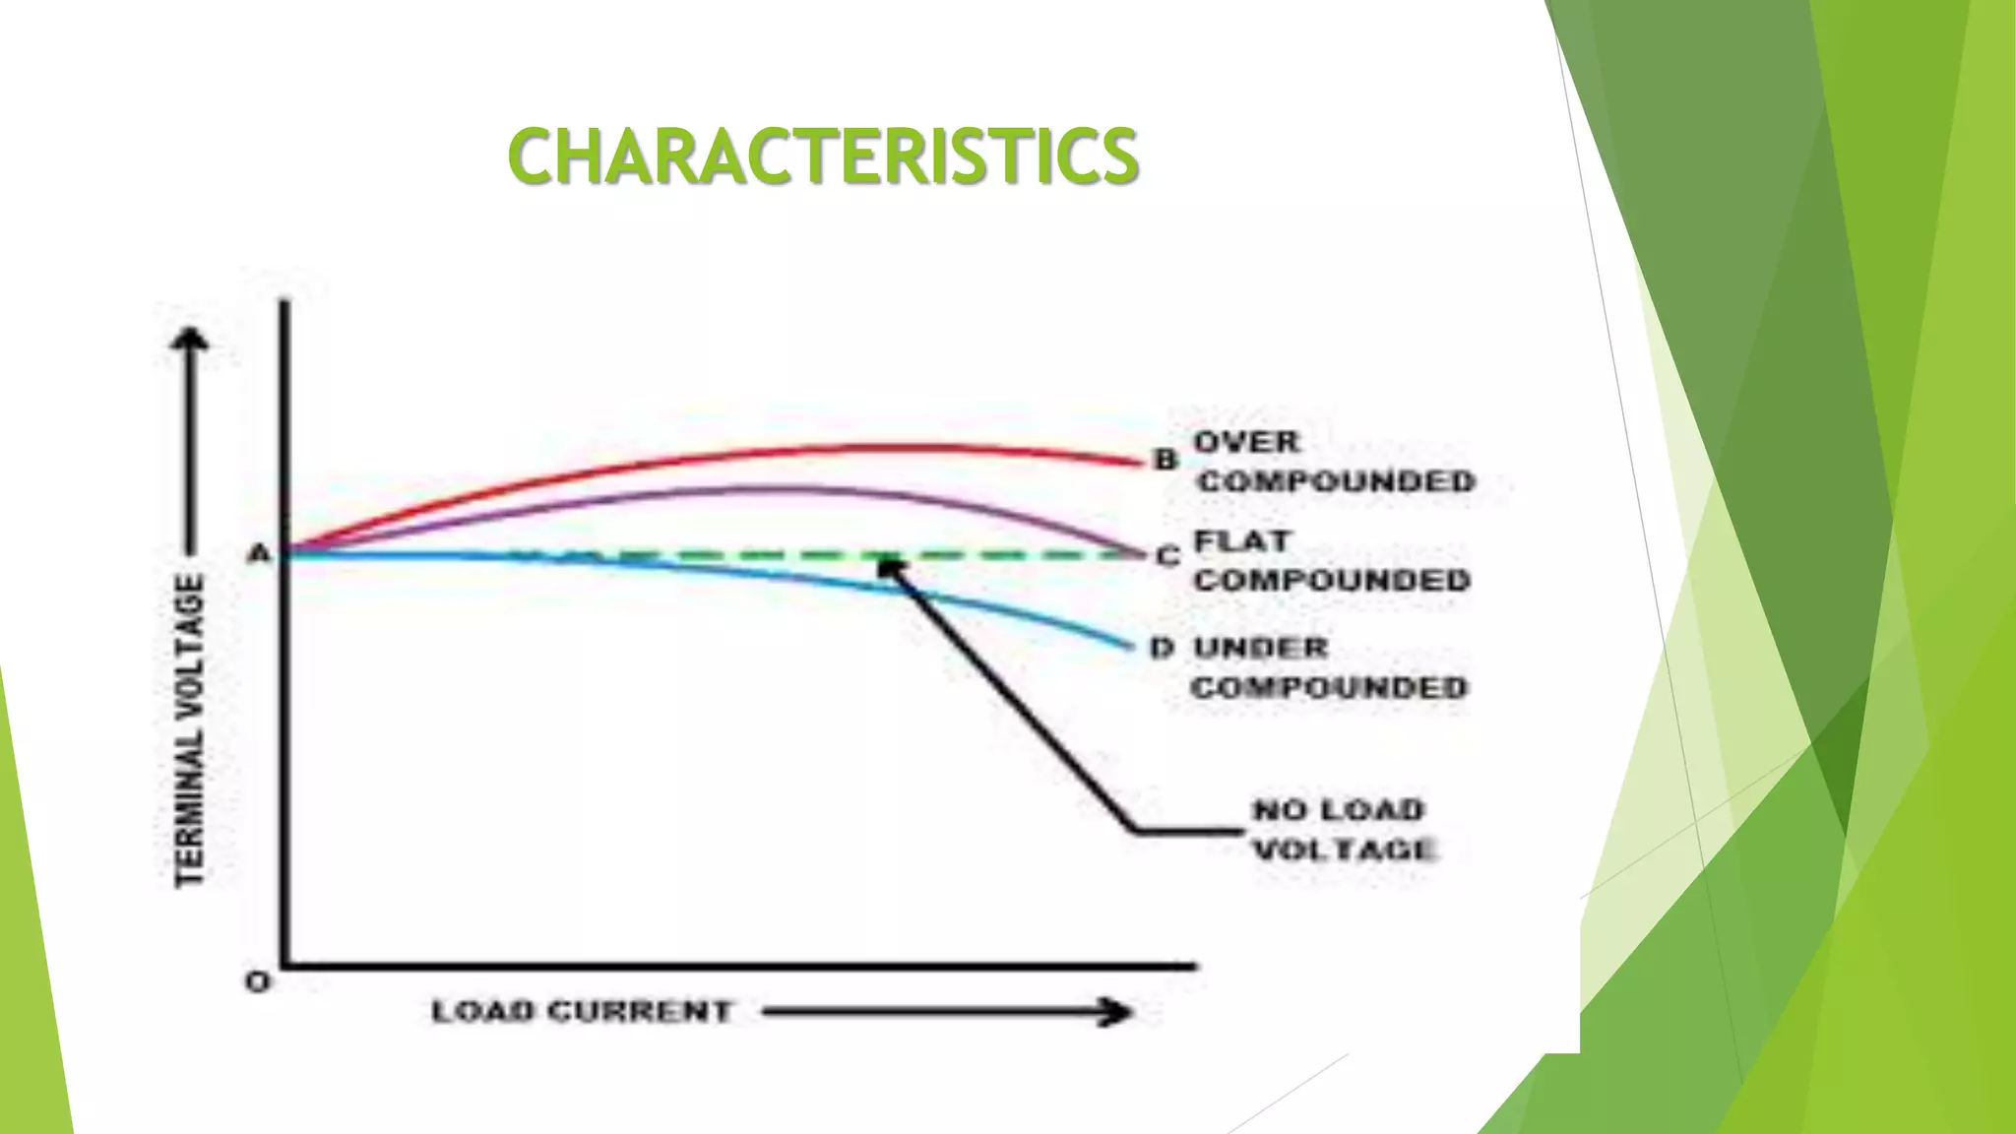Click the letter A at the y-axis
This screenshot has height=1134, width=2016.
(258, 554)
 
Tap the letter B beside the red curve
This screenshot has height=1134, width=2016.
(1165, 460)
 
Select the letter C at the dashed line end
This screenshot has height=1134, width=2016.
(1167, 557)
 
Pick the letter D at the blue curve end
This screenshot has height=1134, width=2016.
(1162, 649)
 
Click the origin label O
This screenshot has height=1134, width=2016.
(257, 981)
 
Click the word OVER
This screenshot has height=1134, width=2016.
(1246, 443)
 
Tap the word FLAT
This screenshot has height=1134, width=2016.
(1241, 541)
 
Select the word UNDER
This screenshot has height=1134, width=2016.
(1261, 649)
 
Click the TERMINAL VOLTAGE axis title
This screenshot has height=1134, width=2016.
(190, 728)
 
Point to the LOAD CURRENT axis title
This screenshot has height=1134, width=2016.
(582, 1011)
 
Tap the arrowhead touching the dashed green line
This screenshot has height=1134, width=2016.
(890, 566)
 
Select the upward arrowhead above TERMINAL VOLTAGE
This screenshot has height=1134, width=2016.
(191, 339)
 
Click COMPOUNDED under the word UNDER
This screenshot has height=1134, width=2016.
(1329, 687)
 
